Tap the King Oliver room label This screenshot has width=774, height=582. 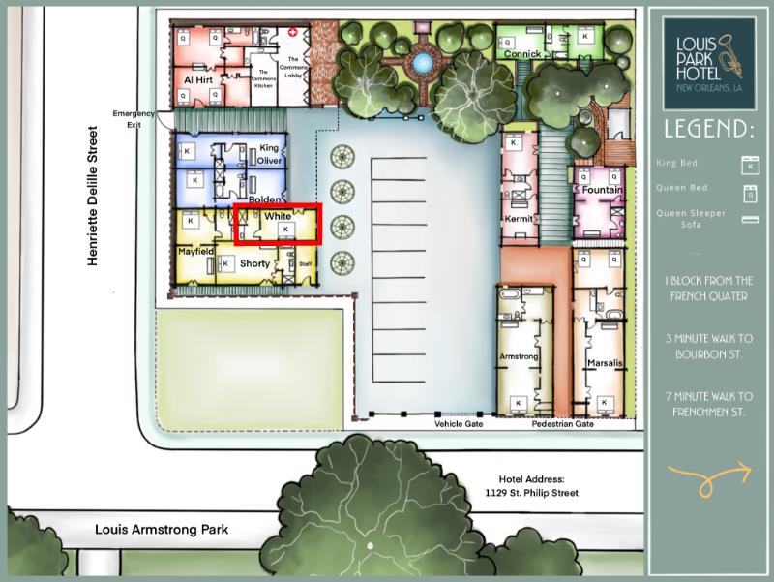pyautogui.click(x=270, y=155)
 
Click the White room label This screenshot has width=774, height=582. pyautogui.click(x=278, y=216)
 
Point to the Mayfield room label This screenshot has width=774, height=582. pyautogui.click(x=195, y=251)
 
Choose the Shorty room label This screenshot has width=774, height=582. pyautogui.click(x=254, y=263)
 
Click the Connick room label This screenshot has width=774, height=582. pyautogui.click(x=522, y=54)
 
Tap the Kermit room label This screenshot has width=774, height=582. pyautogui.click(x=520, y=219)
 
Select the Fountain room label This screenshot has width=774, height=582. pyautogui.click(x=602, y=191)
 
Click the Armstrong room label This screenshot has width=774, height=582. pyautogui.click(x=518, y=357)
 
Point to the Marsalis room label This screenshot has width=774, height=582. pyautogui.click(x=605, y=364)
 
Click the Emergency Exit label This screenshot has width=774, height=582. pyautogui.click(x=134, y=119)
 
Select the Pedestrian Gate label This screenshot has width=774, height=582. pyautogui.click(x=562, y=424)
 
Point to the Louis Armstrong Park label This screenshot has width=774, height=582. pyautogui.click(x=162, y=530)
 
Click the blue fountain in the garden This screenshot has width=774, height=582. pyautogui.click(x=421, y=63)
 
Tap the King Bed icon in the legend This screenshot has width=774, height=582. pyautogui.click(x=746, y=163)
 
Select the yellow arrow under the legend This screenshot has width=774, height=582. pyautogui.click(x=709, y=474)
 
